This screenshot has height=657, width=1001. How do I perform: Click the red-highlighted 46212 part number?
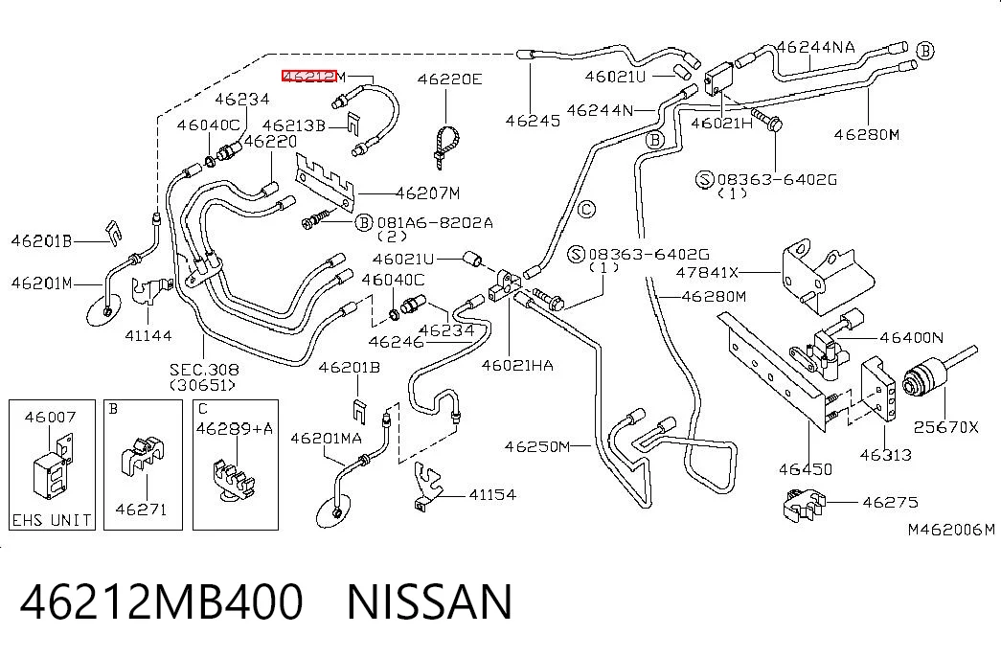[x=309, y=77]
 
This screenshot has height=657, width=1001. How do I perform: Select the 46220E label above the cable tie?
[x=449, y=79]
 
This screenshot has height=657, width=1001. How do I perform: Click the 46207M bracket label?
[x=427, y=193]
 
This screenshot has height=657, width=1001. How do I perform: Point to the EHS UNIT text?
[x=52, y=520]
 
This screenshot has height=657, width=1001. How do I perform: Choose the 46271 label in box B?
[x=141, y=509]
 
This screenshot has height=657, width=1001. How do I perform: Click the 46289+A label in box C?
[x=235, y=428]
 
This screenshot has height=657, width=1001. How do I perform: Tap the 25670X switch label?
[x=945, y=427]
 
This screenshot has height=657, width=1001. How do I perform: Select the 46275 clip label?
[x=890, y=502]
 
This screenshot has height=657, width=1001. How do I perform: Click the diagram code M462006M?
[x=951, y=530]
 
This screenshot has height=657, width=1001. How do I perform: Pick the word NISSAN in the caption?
[x=429, y=602]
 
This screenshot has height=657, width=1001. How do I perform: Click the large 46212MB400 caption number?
[x=162, y=602]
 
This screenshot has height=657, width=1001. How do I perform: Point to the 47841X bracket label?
[x=707, y=273]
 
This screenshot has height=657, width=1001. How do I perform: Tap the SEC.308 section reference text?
[x=204, y=369]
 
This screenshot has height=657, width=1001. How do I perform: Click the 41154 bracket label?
[x=492, y=494]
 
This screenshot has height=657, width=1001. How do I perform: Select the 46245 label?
[x=533, y=120]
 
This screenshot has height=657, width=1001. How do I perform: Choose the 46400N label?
[x=911, y=337]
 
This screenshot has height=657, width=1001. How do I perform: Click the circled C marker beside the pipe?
[x=586, y=209]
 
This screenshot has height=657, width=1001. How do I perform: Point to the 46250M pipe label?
[x=536, y=446]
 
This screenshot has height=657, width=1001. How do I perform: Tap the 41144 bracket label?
[x=148, y=334]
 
